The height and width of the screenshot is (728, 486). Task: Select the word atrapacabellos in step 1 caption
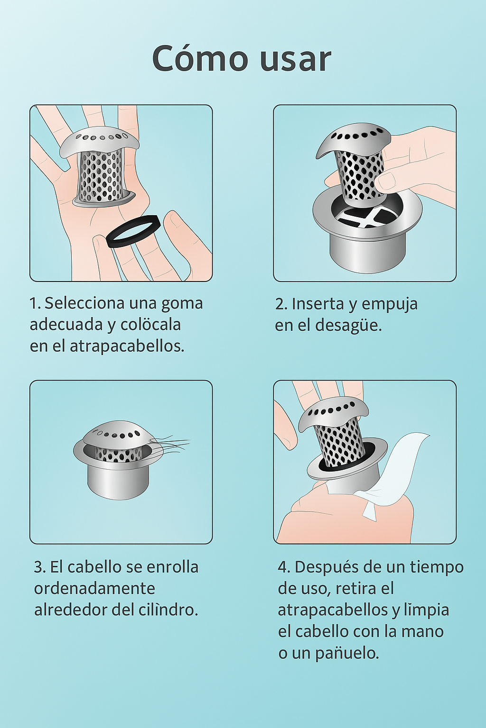tap(127, 346)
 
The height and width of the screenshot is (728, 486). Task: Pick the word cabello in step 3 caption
tap(95, 567)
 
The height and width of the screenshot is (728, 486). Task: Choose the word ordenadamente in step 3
tap(95, 589)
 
